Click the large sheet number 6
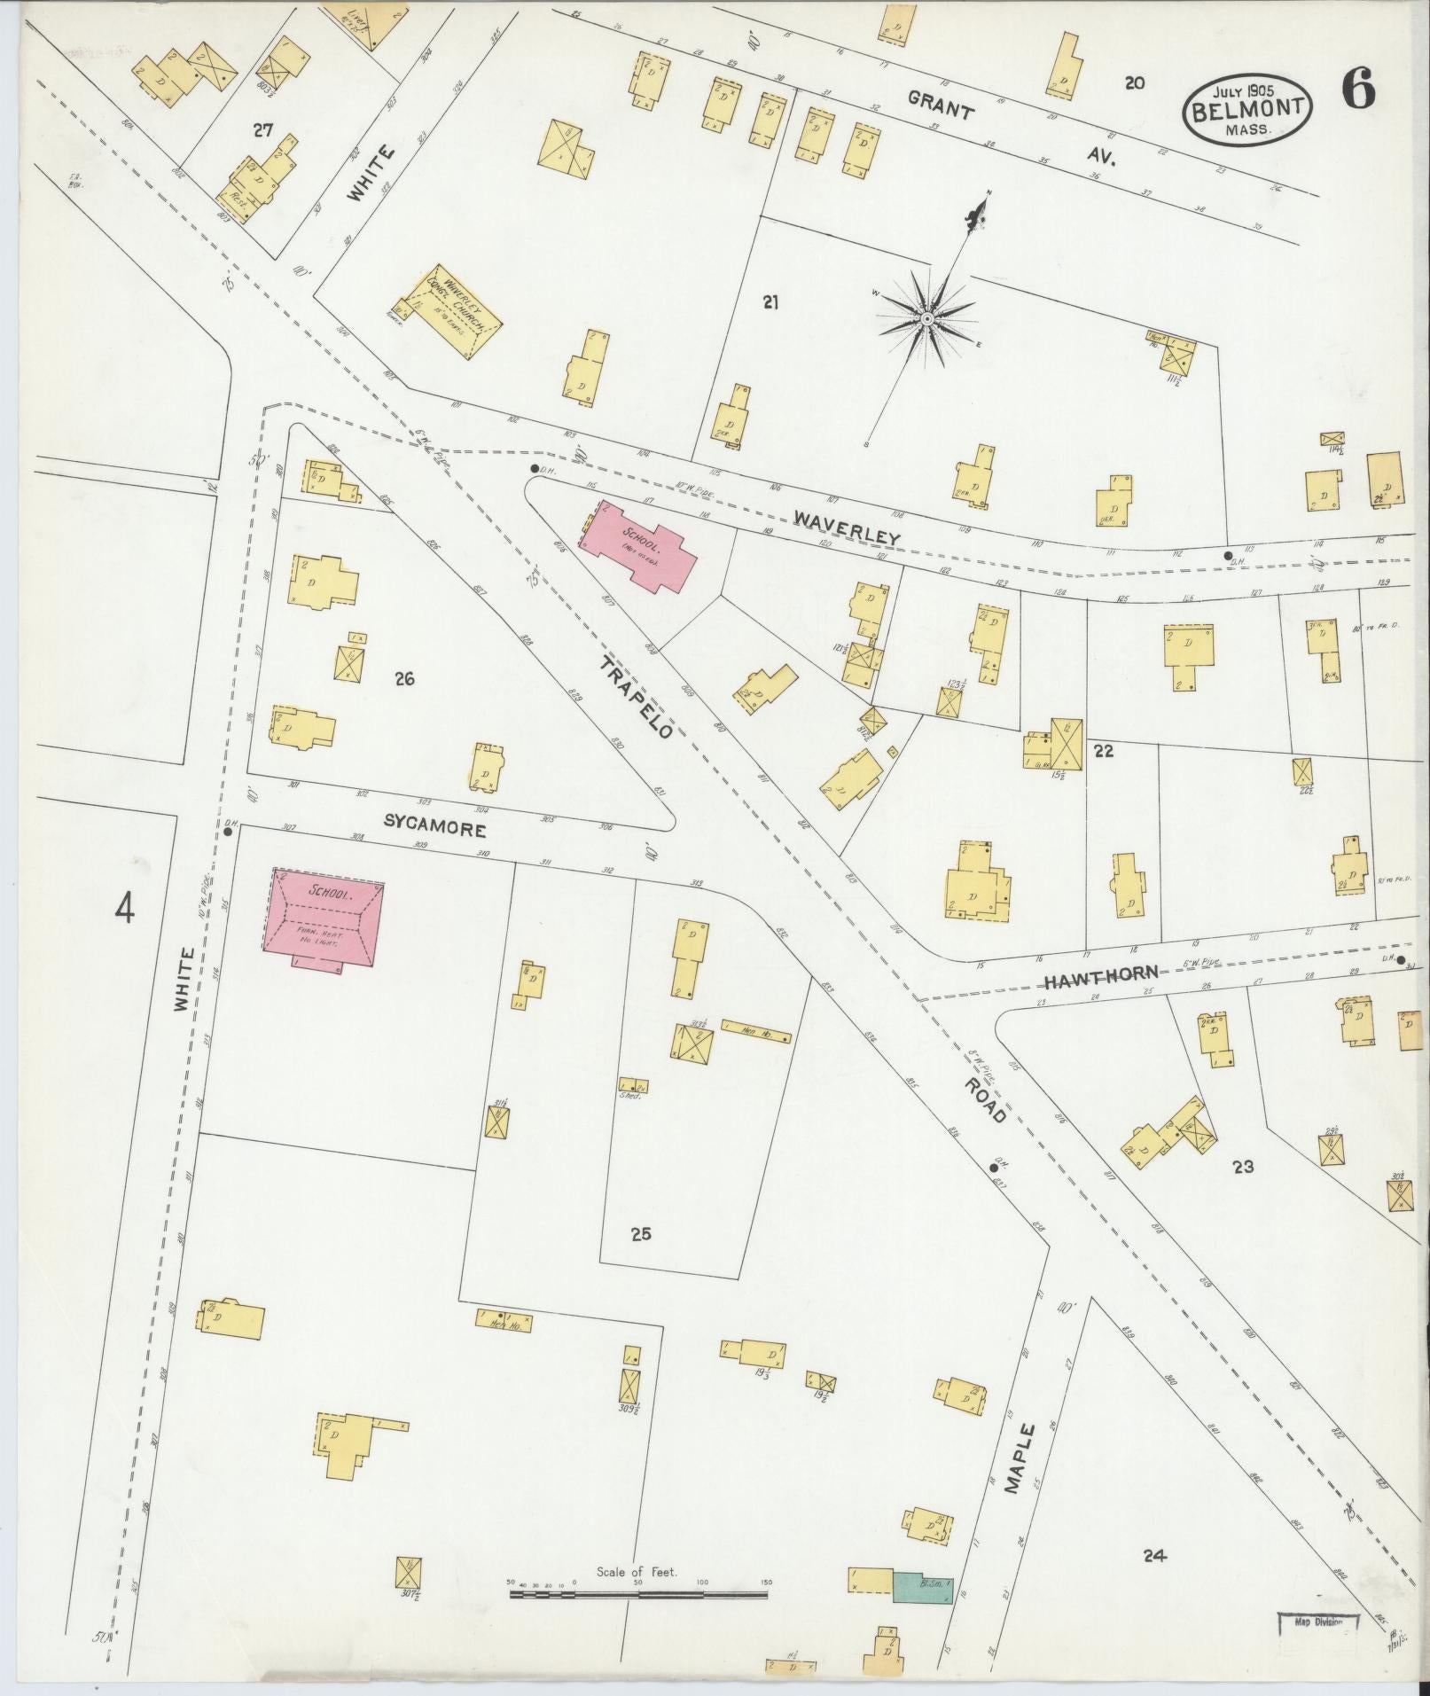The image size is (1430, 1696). pos(1357,89)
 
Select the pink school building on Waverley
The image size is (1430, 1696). pos(638,549)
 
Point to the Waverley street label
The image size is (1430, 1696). pos(846,528)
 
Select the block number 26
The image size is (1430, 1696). pos(405,680)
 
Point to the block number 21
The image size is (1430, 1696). pos(770,302)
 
